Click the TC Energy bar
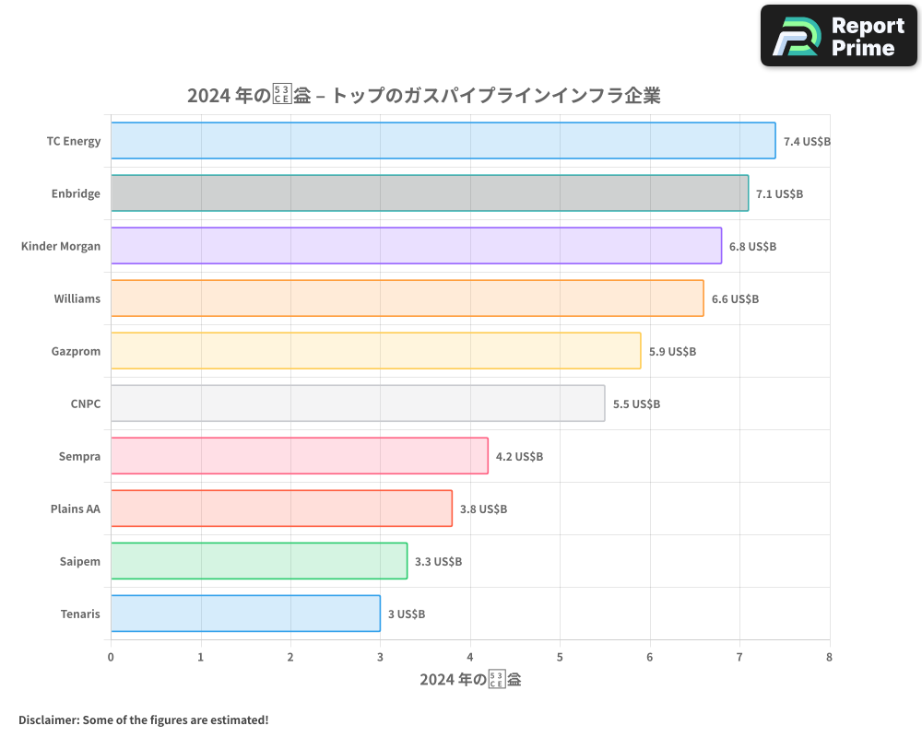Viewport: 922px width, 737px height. (x=443, y=141)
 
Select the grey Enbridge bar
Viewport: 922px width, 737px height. (x=430, y=193)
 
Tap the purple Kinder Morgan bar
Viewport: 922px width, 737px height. (x=416, y=246)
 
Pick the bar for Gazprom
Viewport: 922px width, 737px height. (x=375, y=351)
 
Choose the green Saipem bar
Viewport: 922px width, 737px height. (x=259, y=561)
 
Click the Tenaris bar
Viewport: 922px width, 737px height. (x=245, y=614)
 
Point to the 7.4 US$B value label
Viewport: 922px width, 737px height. (x=807, y=142)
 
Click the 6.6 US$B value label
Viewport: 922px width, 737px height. (x=735, y=299)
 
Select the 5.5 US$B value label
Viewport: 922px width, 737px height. (x=636, y=404)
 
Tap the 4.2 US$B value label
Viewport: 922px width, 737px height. (x=519, y=456)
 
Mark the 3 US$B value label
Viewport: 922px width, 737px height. (x=406, y=614)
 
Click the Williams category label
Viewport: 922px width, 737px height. (x=77, y=298)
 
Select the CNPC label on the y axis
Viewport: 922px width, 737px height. (x=85, y=404)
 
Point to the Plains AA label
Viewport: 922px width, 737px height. (x=75, y=509)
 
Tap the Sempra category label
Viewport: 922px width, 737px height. (x=79, y=456)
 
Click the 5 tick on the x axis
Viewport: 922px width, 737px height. (x=560, y=657)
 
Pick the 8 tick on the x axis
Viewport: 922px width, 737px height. (x=829, y=657)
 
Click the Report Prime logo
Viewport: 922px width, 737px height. (x=838, y=36)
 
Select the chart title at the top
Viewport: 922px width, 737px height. (x=423, y=96)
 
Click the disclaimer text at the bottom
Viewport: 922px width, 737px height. (x=143, y=719)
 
